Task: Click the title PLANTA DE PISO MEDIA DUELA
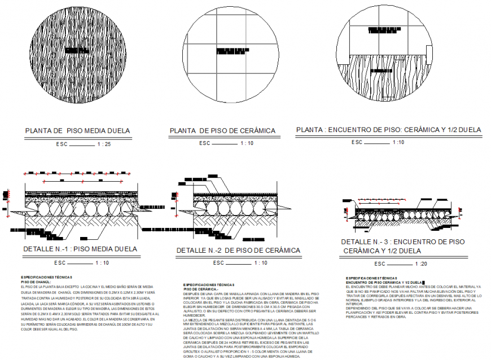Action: (x=78, y=131)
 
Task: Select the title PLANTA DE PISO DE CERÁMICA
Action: (x=223, y=131)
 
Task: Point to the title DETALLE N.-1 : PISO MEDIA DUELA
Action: (x=80, y=249)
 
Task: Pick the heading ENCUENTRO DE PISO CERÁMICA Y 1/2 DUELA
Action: (x=384, y=282)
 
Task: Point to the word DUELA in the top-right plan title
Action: (x=470, y=130)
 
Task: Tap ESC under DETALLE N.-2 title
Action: (x=218, y=263)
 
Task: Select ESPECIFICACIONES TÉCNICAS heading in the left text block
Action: (x=48, y=278)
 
